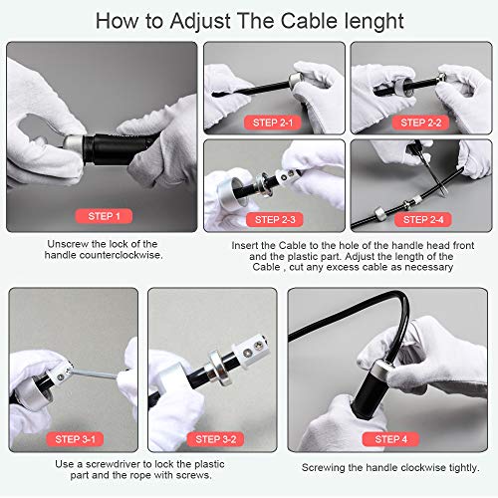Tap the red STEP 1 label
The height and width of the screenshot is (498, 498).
coord(103,216)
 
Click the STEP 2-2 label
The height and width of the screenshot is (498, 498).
coord(421,122)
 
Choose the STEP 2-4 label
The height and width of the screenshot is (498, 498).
coord(422,219)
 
